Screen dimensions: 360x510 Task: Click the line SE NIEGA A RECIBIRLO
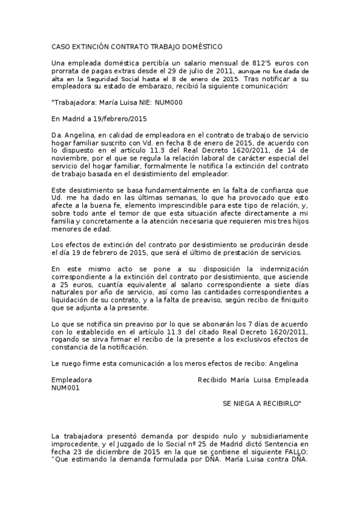coord(263,404)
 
